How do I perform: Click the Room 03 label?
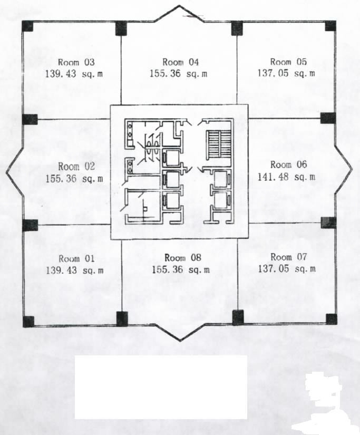(76, 62)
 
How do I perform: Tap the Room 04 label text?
(181, 62)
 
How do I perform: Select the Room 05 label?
(288, 61)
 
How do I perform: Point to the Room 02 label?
(76, 167)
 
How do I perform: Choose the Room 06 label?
(289, 165)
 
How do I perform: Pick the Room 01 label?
(76, 258)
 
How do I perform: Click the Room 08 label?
(183, 257)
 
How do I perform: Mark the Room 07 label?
(289, 257)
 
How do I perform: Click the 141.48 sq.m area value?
(287, 177)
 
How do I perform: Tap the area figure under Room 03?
(74, 74)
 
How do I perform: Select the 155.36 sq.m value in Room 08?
(181, 269)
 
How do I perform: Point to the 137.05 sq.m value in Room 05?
(286, 73)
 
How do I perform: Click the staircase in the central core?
(219, 145)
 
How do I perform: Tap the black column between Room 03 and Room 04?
(121, 28)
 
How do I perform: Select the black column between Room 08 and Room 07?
(238, 317)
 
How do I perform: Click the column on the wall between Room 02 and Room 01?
(30, 225)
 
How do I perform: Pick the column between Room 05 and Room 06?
(328, 118)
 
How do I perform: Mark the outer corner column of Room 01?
(28, 322)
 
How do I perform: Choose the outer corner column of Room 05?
(330, 26)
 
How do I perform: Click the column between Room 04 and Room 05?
(237, 28)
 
